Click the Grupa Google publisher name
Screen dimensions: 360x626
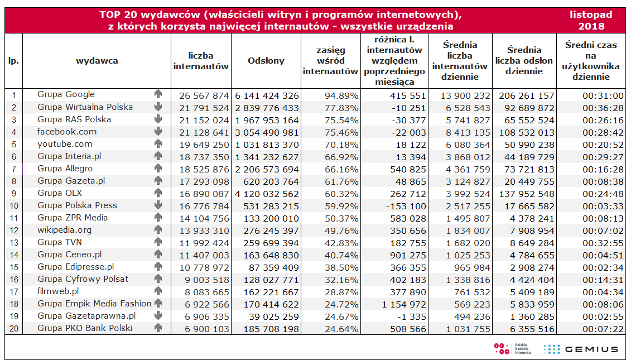coord(66,94)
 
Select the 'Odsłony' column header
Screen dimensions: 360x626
coord(266,61)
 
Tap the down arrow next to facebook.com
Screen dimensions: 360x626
coord(158,132)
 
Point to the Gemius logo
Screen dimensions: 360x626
coord(581,349)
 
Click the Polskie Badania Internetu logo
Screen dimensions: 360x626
coord(512,349)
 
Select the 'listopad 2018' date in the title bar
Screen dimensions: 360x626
coord(591,20)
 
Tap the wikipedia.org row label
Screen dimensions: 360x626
coord(64,230)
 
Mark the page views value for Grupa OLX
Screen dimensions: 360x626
coord(266,194)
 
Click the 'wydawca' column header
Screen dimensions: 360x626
coord(97,61)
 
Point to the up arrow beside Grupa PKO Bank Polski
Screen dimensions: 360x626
coord(158,328)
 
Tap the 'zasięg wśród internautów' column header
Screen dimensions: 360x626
coord(330,61)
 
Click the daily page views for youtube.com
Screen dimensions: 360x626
coord(524,145)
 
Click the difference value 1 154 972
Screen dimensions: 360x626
coord(401,304)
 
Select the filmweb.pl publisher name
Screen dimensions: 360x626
coord(58,291)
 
